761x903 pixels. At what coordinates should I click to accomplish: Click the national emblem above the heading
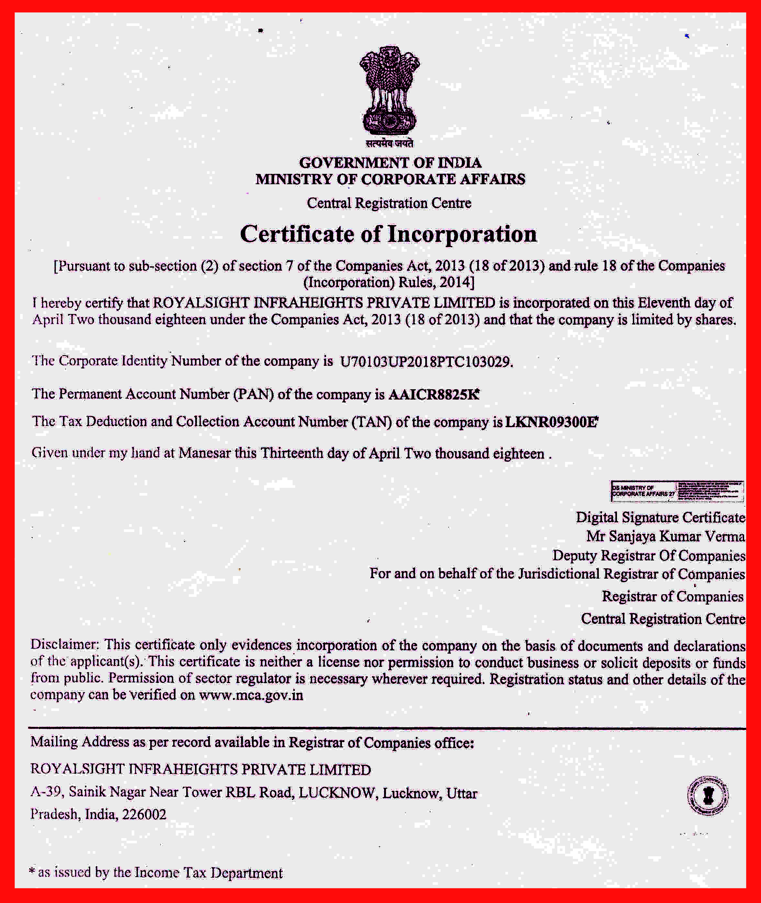point(389,90)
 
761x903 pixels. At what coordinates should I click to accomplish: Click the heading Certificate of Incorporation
point(388,234)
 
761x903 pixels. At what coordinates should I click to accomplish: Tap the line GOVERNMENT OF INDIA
point(390,163)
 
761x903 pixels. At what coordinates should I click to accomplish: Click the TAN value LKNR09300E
point(551,422)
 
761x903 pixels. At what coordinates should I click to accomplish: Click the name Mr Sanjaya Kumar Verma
point(665,536)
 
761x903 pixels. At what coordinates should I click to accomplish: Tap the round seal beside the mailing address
point(707,796)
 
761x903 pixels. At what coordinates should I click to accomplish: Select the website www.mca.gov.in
point(251,695)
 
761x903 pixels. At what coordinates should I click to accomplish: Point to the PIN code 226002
point(144,814)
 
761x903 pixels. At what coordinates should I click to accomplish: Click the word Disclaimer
point(65,644)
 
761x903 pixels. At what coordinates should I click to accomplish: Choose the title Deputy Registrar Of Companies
point(648,555)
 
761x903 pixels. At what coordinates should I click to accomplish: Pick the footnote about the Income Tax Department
point(156,873)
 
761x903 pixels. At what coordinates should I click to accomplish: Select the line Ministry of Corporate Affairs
point(390,179)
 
